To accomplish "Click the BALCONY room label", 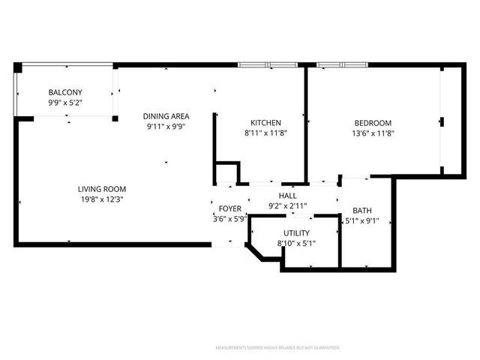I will coord(65,92).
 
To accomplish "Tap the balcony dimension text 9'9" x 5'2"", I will coord(65,102).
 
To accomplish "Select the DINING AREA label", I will coord(166,116).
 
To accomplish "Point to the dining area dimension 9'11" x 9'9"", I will coord(166,127).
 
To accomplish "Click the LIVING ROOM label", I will coord(102,189).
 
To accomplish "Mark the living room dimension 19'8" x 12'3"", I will coord(102,199).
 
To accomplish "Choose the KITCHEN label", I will coord(265,123).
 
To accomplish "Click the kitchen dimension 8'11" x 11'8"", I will coord(265,133).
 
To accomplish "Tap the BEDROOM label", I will coord(373,123).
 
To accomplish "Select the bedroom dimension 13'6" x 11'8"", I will coord(373,133).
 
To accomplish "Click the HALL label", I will coord(288,196).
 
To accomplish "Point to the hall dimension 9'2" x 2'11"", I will coord(288,205).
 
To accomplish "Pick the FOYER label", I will coord(229,208).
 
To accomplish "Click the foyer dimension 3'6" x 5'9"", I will coord(229,219).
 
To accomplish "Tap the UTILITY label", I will coord(296,234).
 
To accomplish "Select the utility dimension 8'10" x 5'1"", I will coord(296,244).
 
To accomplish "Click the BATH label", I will coord(361,211).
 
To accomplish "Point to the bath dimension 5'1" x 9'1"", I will coord(361,221).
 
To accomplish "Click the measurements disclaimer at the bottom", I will coord(277,348).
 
